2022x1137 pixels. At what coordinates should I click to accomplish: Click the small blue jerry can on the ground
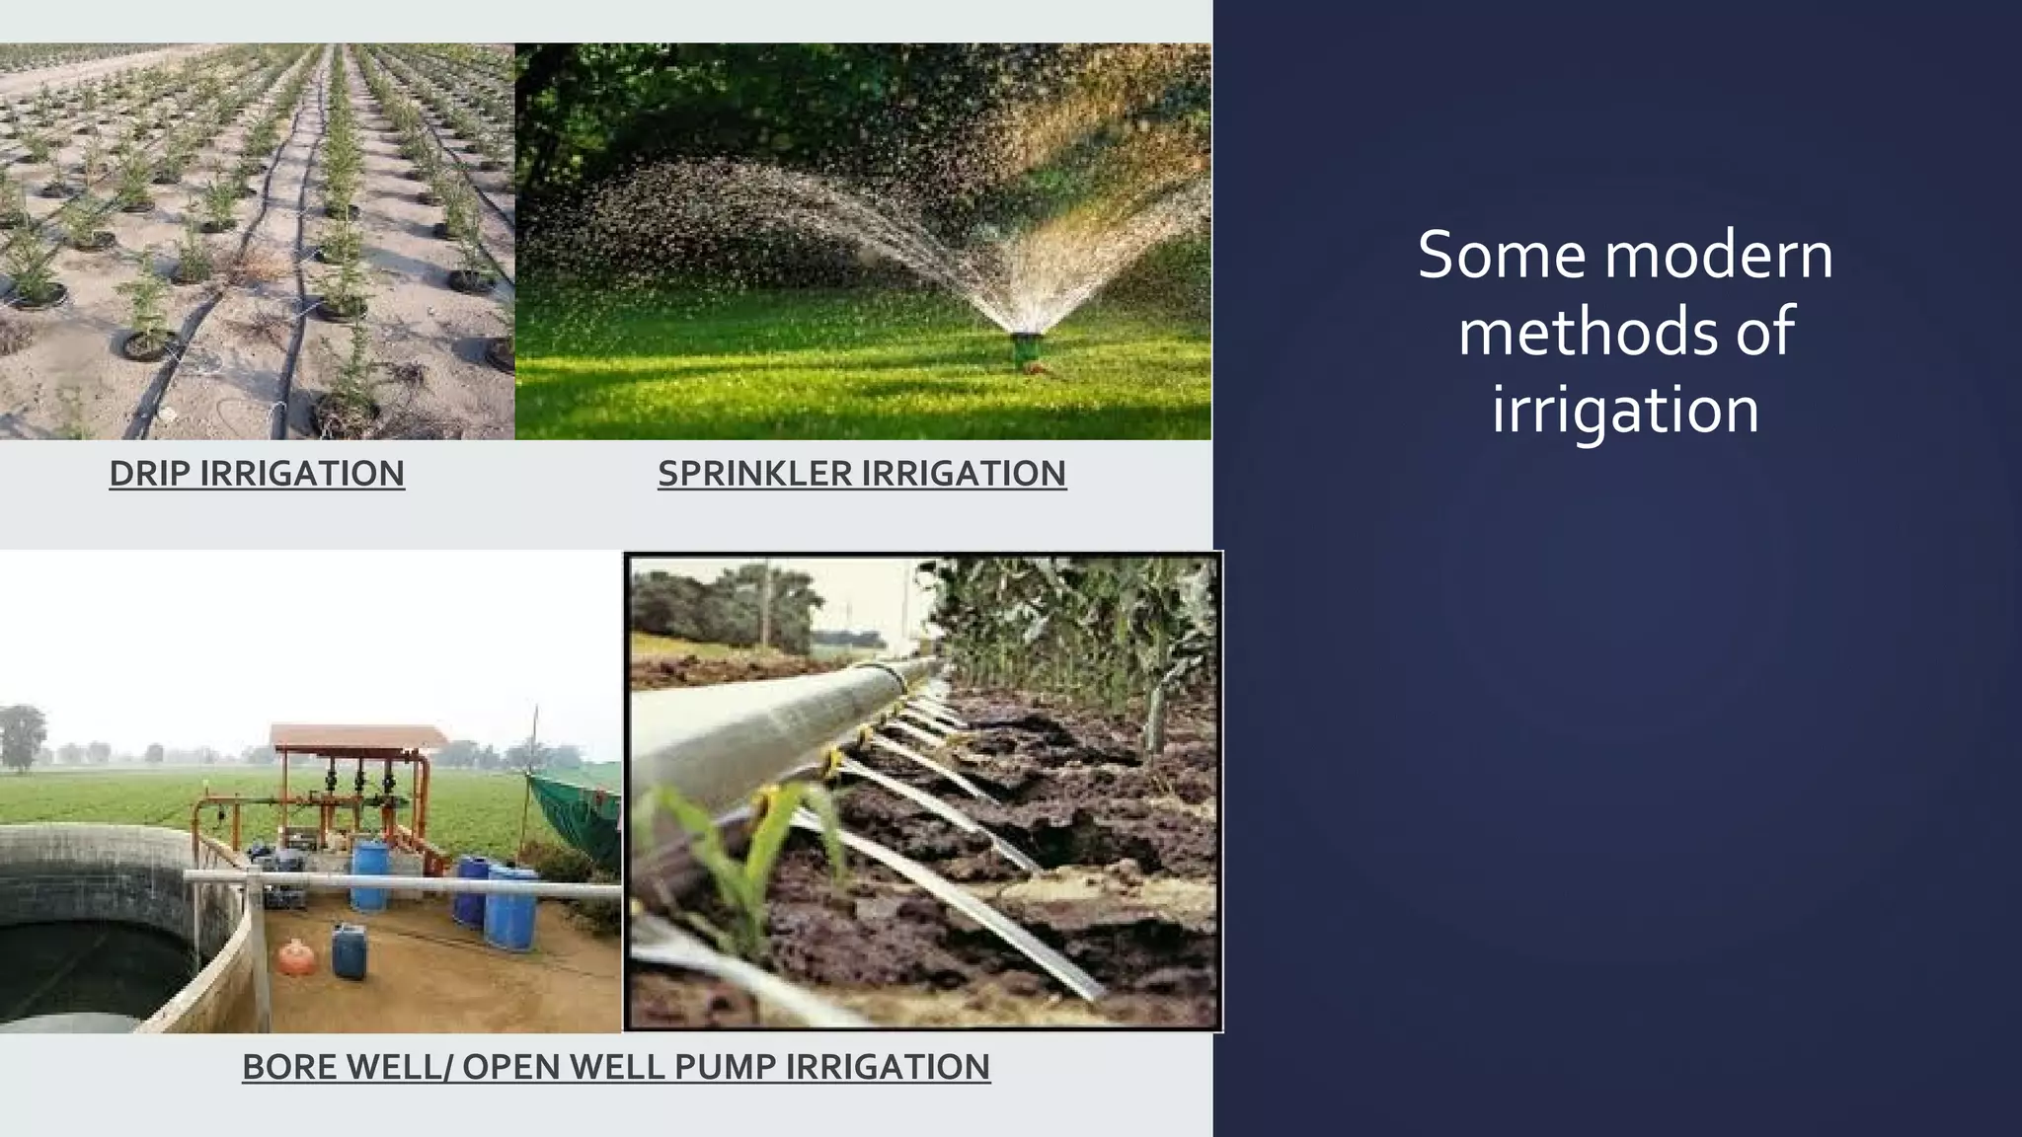click(x=349, y=950)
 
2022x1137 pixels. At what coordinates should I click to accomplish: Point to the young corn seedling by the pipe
click(x=755, y=859)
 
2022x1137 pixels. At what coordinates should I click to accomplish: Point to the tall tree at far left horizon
click(x=22, y=735)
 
